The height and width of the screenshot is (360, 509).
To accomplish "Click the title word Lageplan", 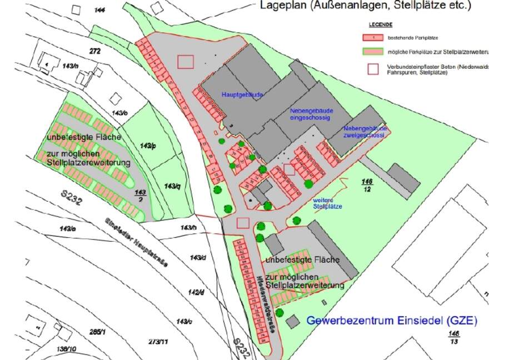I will point(286,6).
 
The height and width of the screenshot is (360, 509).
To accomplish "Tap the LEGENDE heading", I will point(381,25).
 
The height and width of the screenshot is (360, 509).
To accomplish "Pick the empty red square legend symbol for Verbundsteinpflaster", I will point(374,68).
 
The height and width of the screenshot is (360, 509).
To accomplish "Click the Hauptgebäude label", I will point(242,95).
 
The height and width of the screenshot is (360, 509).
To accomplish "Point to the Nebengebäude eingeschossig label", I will point(310,114).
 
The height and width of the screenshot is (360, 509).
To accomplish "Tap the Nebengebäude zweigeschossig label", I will point(363,131).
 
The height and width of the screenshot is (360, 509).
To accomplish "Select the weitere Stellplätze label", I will point(327,203).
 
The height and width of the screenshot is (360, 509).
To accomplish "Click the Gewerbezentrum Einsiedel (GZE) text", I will point(392,321).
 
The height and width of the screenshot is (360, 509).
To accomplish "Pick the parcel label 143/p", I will point(148,146).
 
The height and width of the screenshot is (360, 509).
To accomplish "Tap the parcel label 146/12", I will point(367,185).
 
